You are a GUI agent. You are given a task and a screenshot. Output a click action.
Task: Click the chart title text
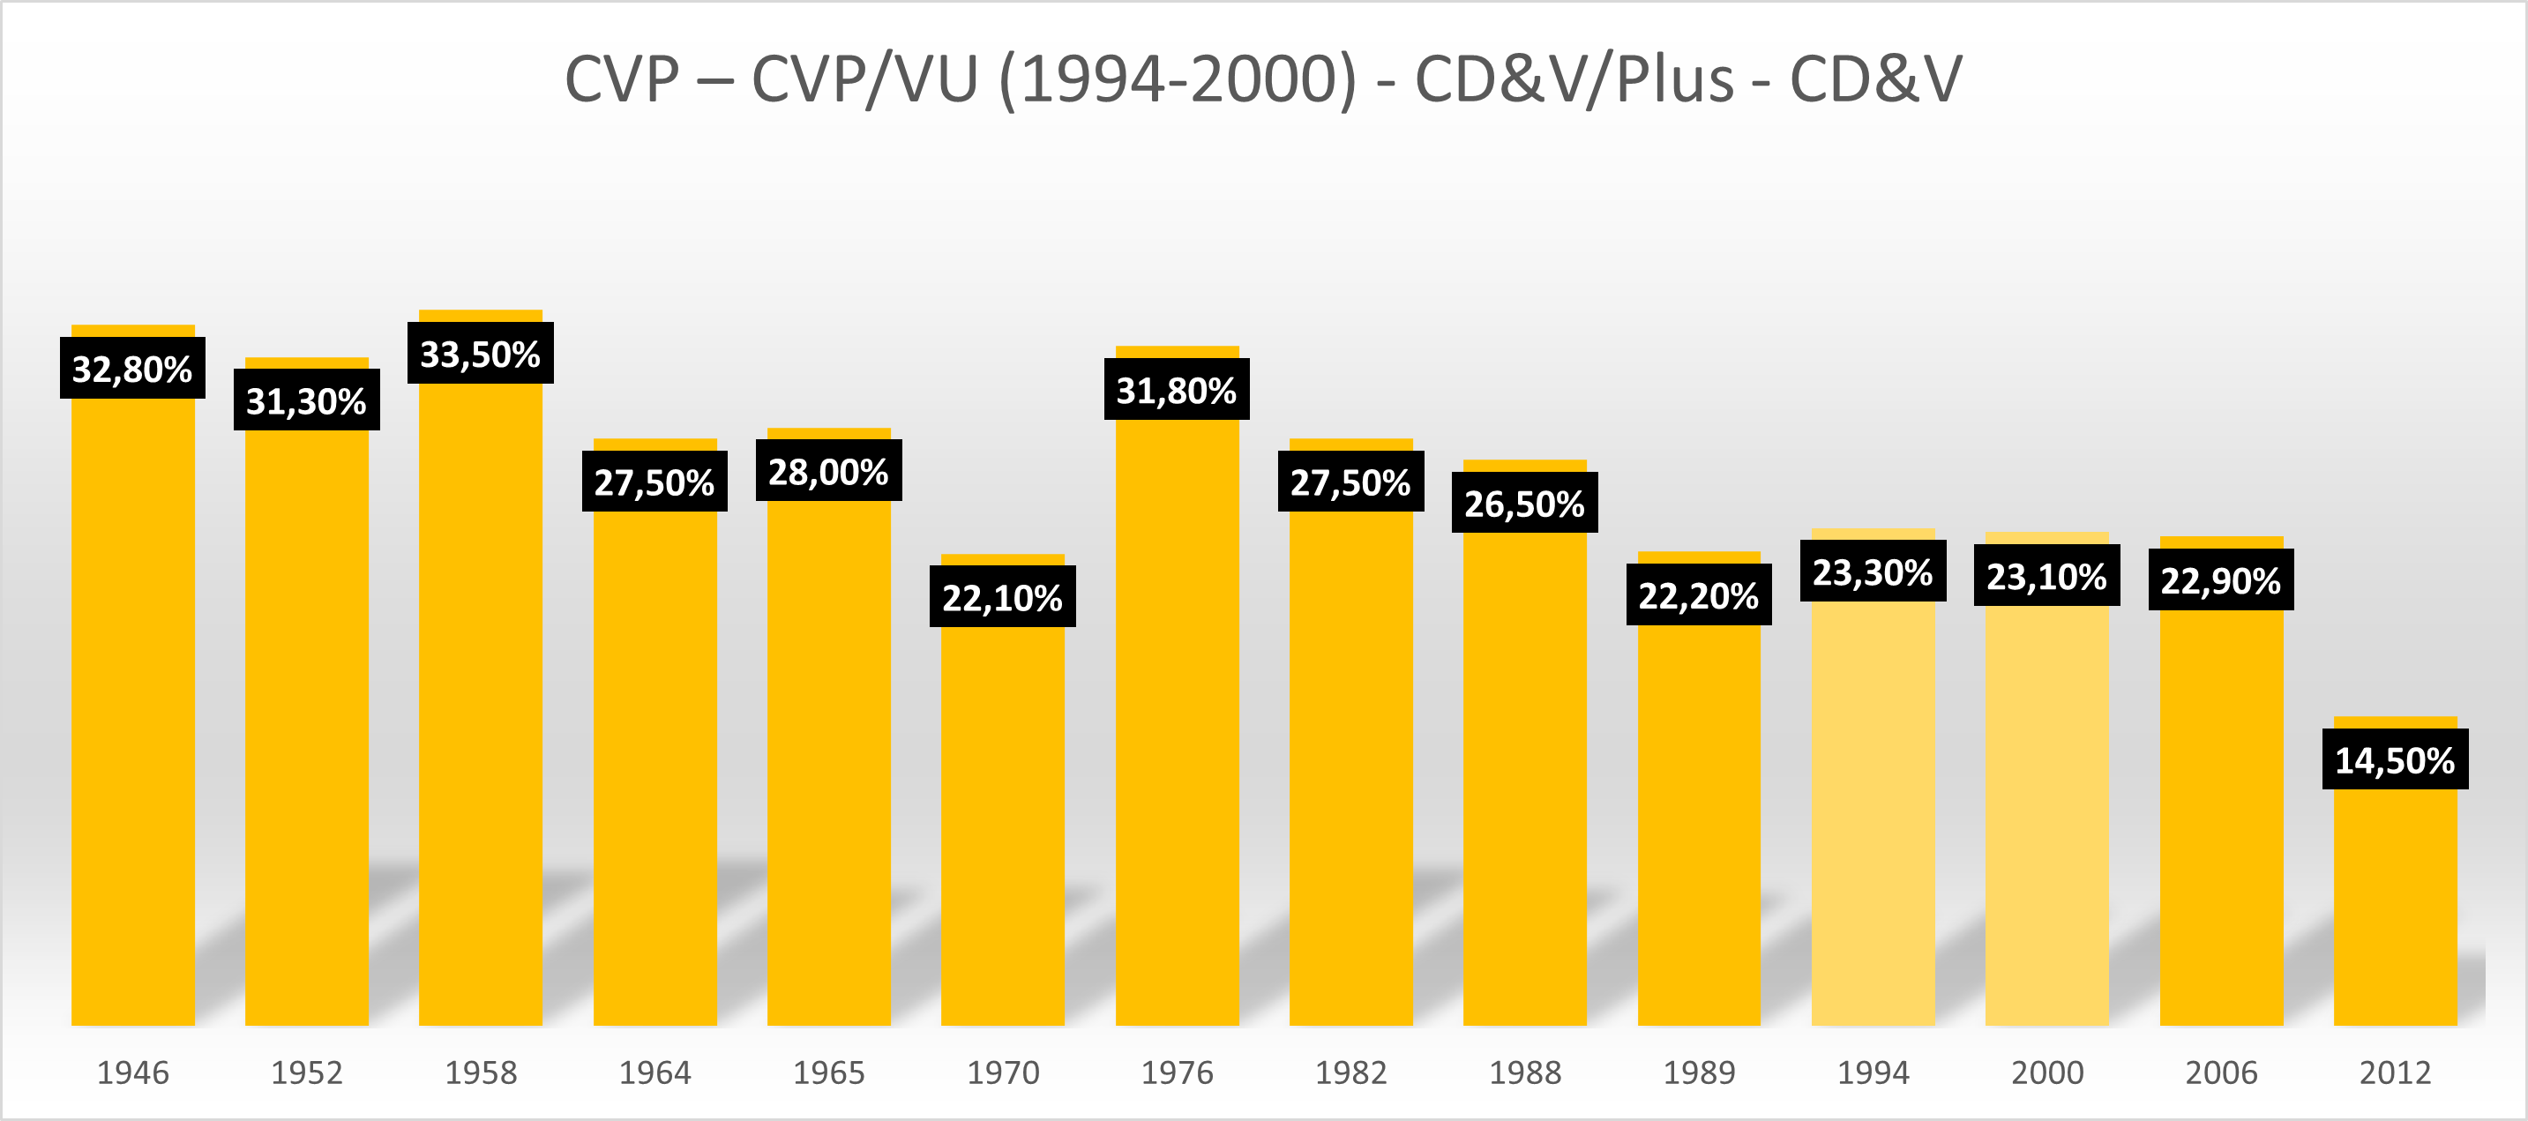[x=1263, y=78]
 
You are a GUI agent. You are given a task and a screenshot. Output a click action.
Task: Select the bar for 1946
[x=132, y=706]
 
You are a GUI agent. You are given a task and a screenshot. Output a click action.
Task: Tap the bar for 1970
[x=1002, y=825]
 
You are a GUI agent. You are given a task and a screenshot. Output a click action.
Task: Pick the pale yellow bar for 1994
[x=1873, y=815]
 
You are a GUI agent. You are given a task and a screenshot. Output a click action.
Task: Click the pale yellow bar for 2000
[x=2046, y=815]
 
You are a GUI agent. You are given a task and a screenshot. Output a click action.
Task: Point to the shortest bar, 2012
[x=2395, y=903]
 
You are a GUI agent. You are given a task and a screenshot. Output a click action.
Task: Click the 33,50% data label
[x=480, y=354]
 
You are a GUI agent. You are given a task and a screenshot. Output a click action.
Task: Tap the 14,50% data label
[x=2395, y=759]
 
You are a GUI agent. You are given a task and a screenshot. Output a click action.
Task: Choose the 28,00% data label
[x=828, y=471]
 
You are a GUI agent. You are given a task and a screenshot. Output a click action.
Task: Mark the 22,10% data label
[x=1002, y=597]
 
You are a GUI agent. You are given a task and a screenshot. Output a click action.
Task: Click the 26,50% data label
[x=1524, y=503]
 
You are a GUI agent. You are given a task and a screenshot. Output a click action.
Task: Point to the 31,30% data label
[x=306, y=400]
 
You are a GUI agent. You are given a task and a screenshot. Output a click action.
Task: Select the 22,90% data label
[x=2220, y=580]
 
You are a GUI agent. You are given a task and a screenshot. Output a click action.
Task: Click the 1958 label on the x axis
[x=481, y=1072]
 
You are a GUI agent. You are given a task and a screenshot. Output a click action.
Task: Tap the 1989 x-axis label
[x=1699, y=1072]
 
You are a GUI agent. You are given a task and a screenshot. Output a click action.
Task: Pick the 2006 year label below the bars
[x=2221, y=1072]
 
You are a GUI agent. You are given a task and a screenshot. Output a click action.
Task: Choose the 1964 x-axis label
[x=654, y=1072]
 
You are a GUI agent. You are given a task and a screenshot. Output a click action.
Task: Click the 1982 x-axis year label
[x=1350, y=1072]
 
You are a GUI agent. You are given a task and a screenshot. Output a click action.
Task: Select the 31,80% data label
[x=1177, y=390]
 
